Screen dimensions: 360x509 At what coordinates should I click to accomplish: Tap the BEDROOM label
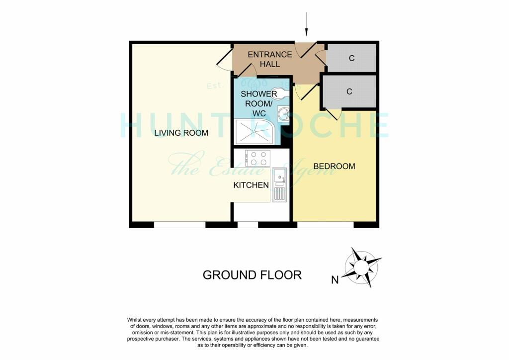click(x=334, y=166)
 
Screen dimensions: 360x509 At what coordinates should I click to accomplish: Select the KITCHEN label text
click(x=251, y=185)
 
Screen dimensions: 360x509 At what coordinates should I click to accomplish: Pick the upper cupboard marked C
click(x=351, y=58)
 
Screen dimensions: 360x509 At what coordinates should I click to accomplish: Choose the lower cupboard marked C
click(x=349, y=91)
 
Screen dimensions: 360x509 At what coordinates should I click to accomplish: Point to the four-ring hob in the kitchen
click(x=257, y=158)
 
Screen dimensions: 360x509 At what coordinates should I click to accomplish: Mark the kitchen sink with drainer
click(x=279, y=184)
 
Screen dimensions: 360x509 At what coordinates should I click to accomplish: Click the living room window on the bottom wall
click(x=179, y=225)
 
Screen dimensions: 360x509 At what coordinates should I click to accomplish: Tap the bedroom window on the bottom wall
click(x=325, y=225)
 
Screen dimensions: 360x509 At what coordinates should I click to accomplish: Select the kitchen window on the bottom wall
click(x=248, y=225)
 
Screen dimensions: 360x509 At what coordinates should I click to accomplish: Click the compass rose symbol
click(x=362, y=267)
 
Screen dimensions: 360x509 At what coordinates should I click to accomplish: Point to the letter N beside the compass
click(x=335, y=280)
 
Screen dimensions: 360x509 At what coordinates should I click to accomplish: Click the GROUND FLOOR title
click(x=252, y=275)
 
